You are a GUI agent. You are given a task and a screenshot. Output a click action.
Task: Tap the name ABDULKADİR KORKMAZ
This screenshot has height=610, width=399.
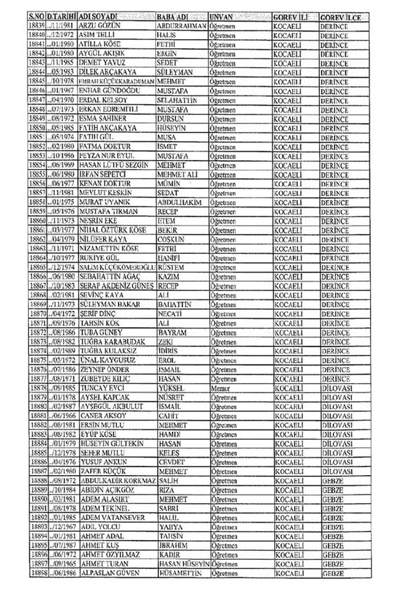click(x=116, y=498)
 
